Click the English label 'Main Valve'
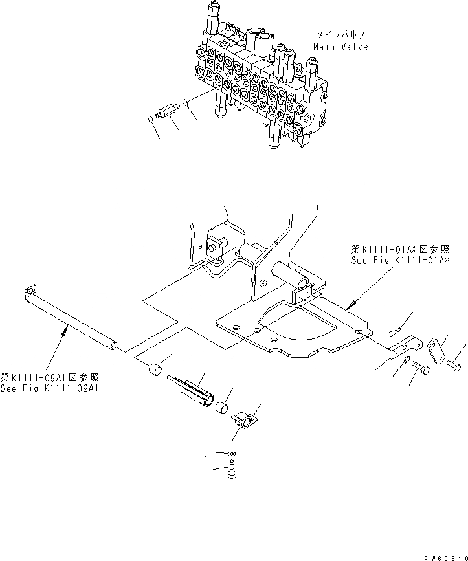(x=340, y=47)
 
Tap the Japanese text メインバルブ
(x=341, y=34)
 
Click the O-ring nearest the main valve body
(x=186, y=102)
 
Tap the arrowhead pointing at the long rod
(x=63, y=331)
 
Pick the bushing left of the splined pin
(x=155, y=373)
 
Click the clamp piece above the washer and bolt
(x=246, y=422)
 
